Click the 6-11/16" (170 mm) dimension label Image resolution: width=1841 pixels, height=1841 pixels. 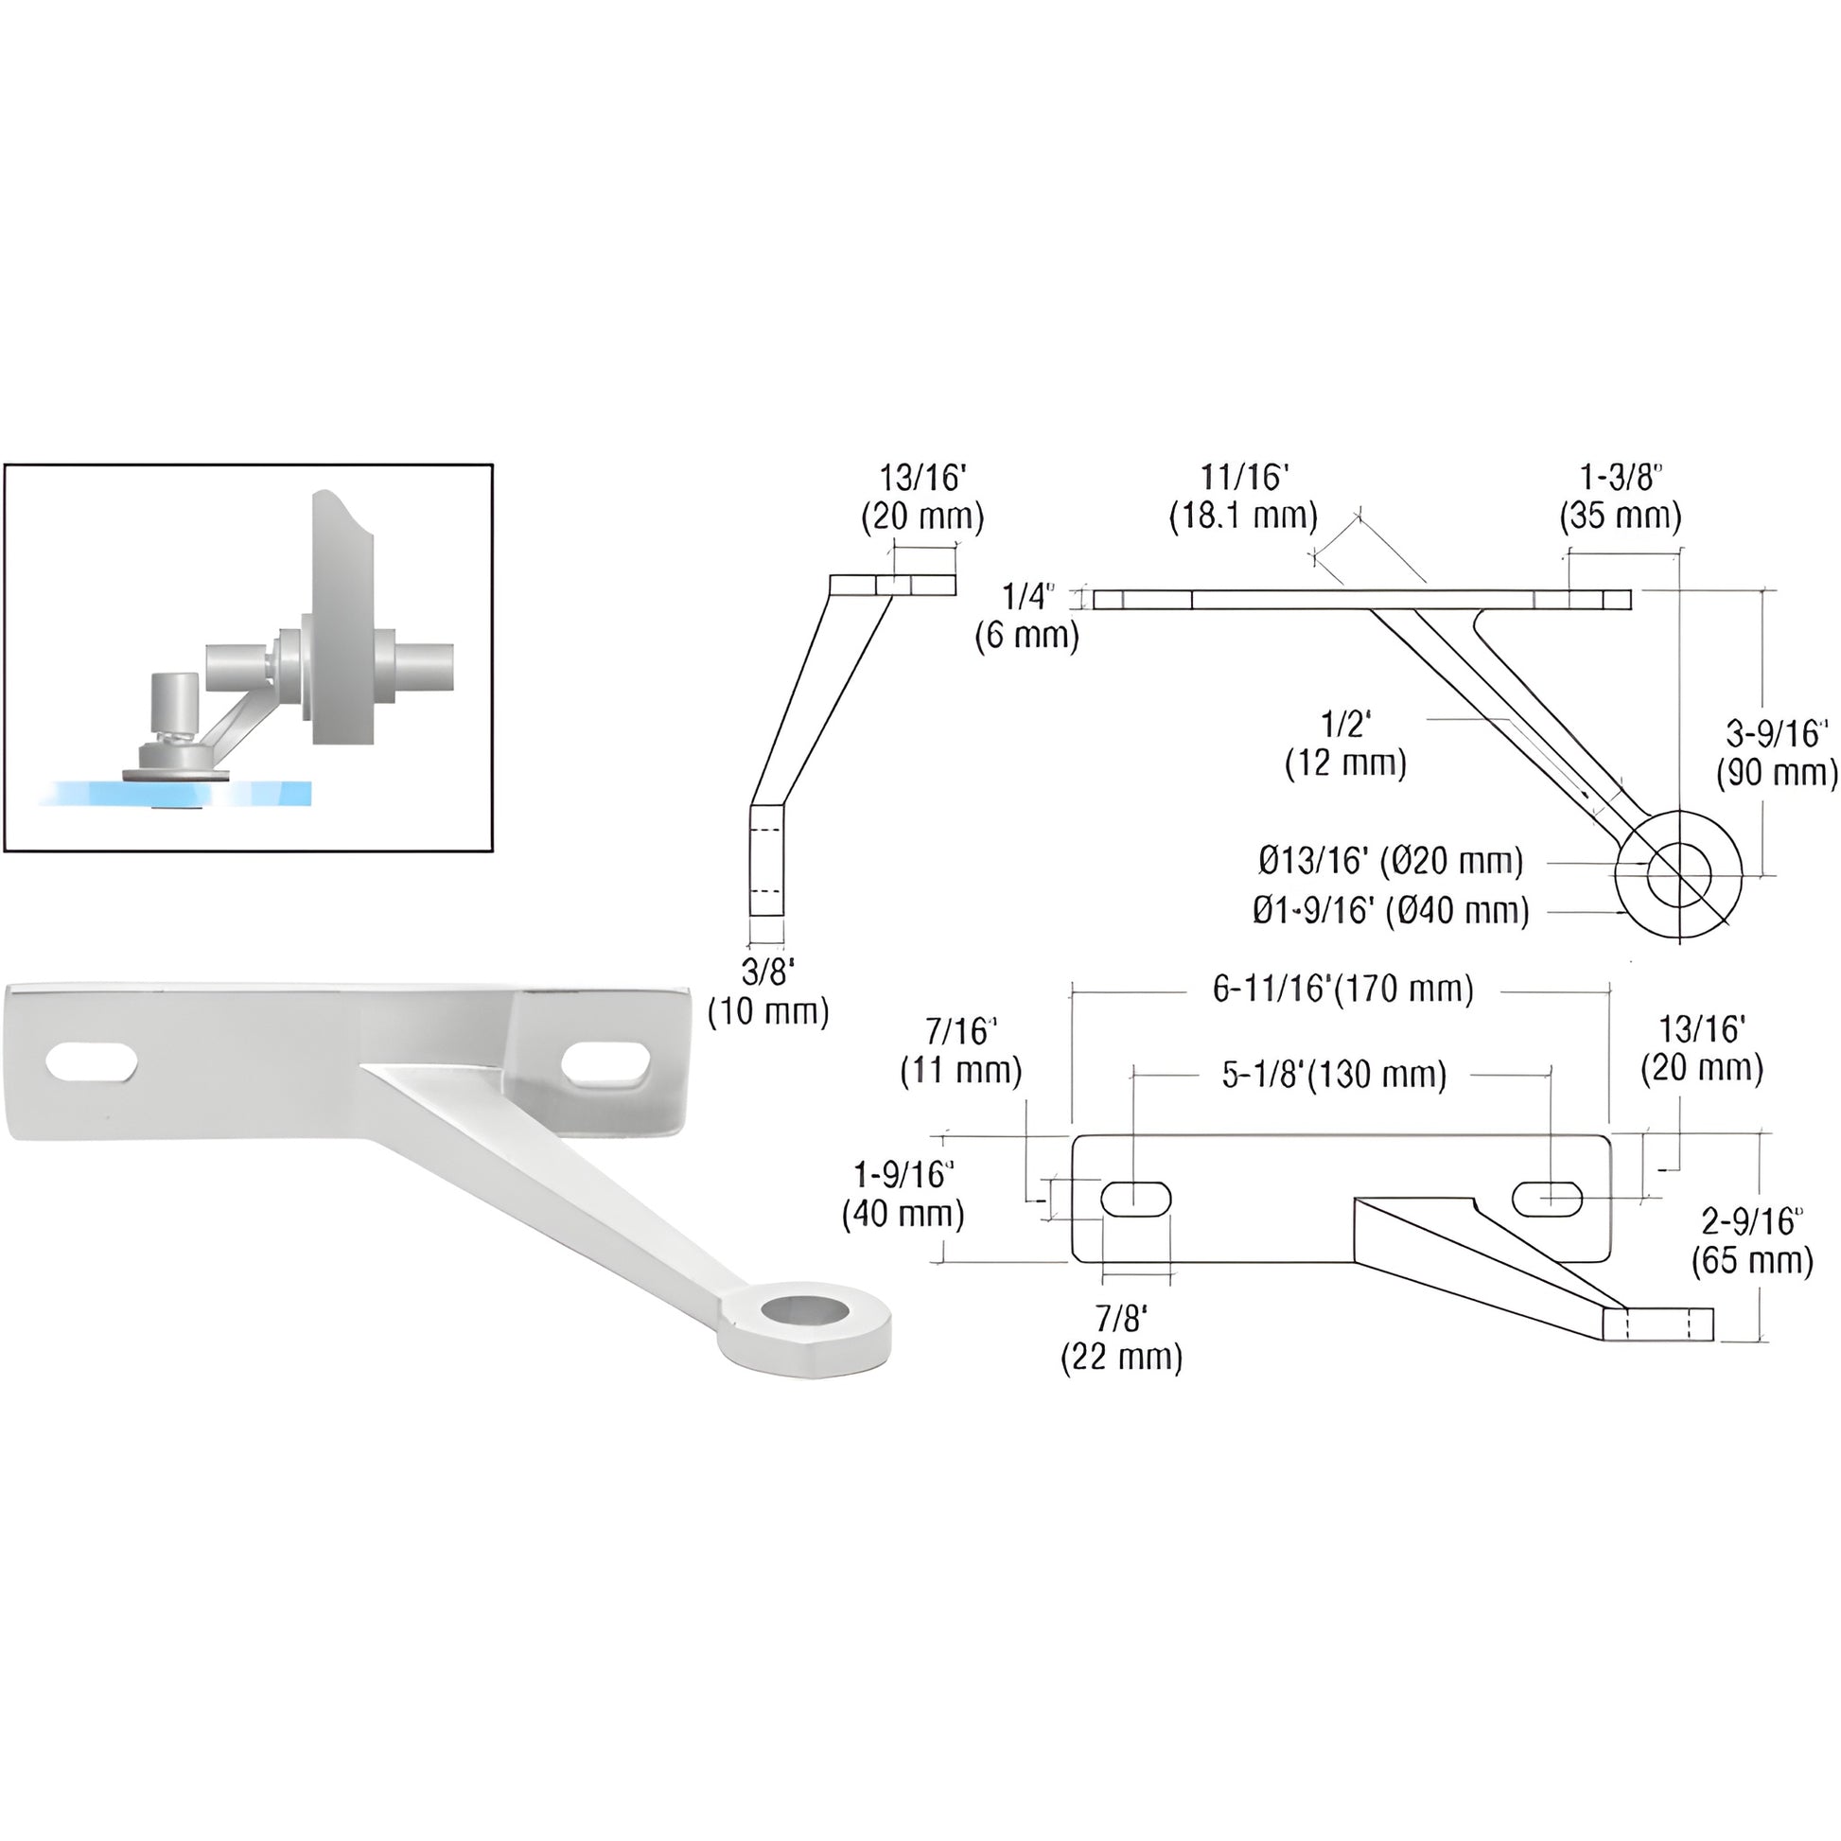(1341, 991)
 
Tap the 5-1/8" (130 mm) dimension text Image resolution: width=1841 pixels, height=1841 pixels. (1334, 1075)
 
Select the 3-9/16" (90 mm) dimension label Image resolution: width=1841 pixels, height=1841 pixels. (1777, 753)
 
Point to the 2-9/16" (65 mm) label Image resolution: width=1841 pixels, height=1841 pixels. (1752, 1240)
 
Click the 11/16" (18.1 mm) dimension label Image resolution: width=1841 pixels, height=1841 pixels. (1243, 497)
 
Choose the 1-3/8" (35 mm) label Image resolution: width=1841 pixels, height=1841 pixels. (1620, 497)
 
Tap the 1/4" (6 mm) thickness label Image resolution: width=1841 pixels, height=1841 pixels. (1027, 616)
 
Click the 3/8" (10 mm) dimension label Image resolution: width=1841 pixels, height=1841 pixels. (768, 991)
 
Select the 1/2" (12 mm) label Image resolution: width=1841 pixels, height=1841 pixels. (1345, 744)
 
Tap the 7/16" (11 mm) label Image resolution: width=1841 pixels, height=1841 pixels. (960, 1051)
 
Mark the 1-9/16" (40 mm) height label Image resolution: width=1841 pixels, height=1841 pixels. (903, 1194)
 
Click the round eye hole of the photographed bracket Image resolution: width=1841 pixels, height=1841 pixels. (806, 1313)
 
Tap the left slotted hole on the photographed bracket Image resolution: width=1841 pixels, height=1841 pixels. (91, 1062)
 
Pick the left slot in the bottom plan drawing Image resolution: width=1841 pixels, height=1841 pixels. (1135, 1199)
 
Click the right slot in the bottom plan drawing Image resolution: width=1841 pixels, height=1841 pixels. (1548, 1198)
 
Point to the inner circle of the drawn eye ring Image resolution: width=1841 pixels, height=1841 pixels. (1679, 874)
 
